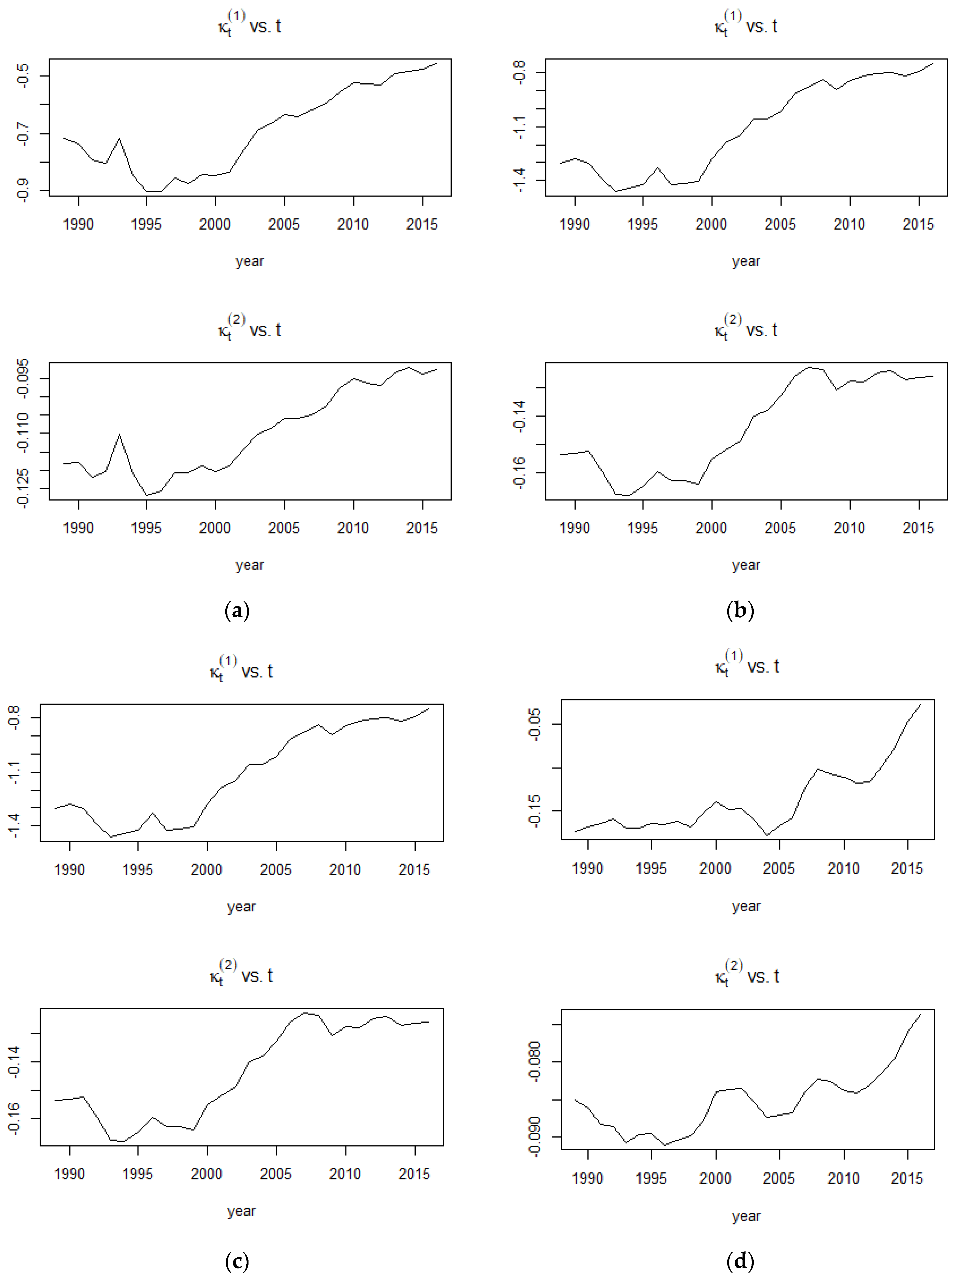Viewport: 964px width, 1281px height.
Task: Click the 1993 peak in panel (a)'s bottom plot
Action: [x=120, y=434]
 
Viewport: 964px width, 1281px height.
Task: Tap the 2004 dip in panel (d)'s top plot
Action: [x=767, y=835]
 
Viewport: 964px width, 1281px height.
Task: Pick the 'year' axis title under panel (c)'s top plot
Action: [x=241, y=906]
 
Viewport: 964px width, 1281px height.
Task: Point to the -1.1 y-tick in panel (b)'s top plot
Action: [x=519, y=127]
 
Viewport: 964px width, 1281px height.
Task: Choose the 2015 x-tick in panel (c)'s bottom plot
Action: [x=414, y=1174]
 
